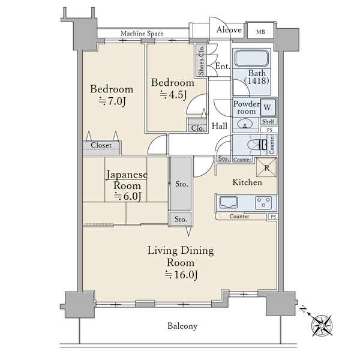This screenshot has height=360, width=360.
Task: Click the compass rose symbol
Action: pyautogui.click(x=322, y=326)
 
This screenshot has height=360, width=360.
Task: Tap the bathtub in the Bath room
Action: pyautogui.click(x=251, y=59)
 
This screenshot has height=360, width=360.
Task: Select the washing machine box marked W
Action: pyautogui.click(x=268, y=107)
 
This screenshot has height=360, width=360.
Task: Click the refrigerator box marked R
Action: pyautogui.click(x=266, y=167)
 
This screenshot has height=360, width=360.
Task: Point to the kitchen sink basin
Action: pyautogui.click(x=229, y=203)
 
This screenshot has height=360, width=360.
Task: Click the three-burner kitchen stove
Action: pyautogui.click(x=263, y=203)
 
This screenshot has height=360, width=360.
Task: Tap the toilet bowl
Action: pyautogui.click(x=254, y=145)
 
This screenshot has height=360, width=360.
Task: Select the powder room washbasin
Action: pyautogui.click(x=245, y=124)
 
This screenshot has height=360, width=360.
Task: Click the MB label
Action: pyautogui.click(x=260, y=32)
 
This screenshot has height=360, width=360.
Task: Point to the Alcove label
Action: pyautogui.click(x=229, y=29)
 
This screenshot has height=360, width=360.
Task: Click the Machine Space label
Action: pyautogui.click(x=142, y=34)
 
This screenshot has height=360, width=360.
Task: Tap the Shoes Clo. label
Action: pyautogui.click(x=201, y=60)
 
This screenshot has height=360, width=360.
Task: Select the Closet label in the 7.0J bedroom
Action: pyautogui.click(x=101, y=145)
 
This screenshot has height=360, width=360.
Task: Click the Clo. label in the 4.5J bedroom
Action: pyautogui.click(x=198, y=128)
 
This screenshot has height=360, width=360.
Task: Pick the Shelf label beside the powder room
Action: pyautogui.click(x=268, y=121)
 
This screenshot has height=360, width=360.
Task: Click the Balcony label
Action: pyautogui.click(x=182, y=326)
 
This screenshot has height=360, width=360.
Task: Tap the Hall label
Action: pyautogui.click(x=220, y=126)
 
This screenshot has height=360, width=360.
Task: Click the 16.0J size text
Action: pyautogui.click(x=181, y=275)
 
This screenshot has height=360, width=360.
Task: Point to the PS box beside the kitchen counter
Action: pyautogui.click(x=273, y=217)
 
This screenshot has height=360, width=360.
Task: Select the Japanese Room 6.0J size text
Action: pyautogui.click(x=128, y=196)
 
